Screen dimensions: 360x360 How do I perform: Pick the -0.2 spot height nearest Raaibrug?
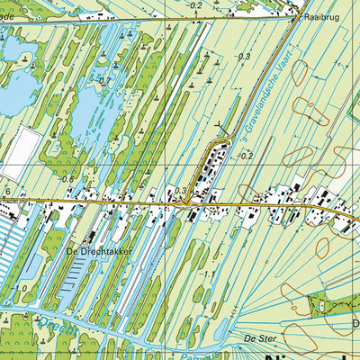click(x=196, y=6)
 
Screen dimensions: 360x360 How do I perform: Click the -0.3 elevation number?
click(x=244, y=57)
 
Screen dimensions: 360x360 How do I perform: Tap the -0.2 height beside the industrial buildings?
click(x=247, y=156)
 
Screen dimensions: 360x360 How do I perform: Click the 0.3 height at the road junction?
click(x=182, y=190)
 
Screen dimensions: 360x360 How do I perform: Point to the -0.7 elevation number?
click(x=104, y=80)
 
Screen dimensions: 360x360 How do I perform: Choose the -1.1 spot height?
click(x=208, y=274)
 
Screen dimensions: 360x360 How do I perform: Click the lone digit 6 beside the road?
click(x=6, y=193)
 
